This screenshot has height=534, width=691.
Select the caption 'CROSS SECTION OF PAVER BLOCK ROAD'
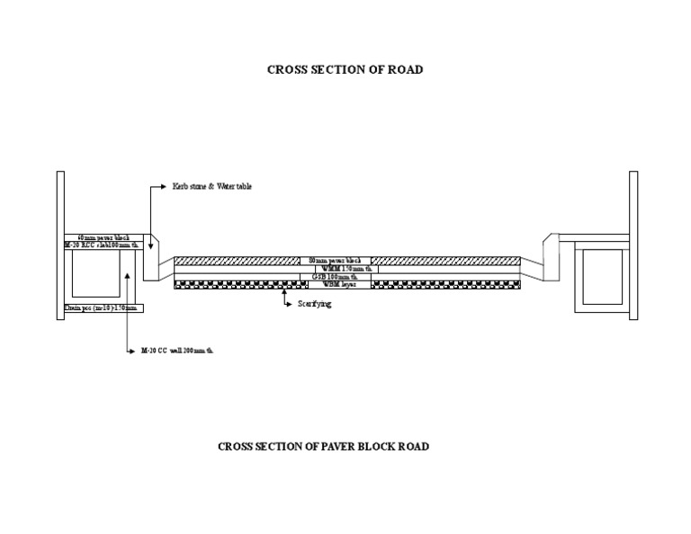tap(323, 447)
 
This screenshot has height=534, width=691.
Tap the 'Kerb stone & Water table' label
tap(212, 187)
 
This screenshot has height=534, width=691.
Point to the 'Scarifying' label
tap(315, 305)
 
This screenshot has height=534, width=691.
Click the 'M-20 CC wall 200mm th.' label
tap(176, 351)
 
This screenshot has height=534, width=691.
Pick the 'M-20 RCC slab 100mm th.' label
tap(102, 245)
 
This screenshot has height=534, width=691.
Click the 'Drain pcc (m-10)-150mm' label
tap(101, 307)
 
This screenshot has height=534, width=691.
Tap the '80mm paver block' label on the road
tap(335, 261)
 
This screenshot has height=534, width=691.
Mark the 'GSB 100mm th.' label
tap(334, 277)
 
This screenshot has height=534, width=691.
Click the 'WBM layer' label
tap(339, 284)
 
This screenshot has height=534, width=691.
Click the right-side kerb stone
tap(551, 251)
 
